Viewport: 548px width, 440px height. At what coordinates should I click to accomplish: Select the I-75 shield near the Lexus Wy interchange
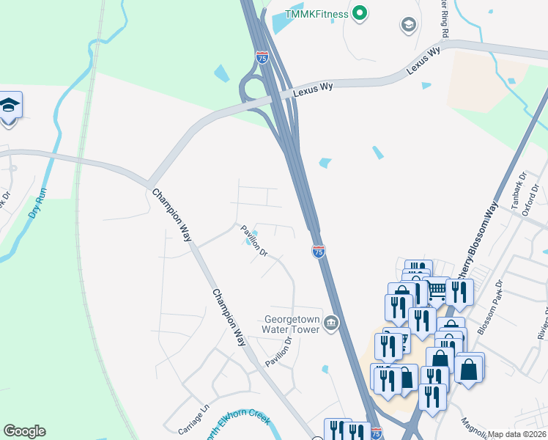263,56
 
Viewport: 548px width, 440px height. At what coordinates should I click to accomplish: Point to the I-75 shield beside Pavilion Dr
319,252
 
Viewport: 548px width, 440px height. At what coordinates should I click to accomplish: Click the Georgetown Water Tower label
292,323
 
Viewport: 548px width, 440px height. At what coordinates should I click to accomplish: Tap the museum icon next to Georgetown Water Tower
331,323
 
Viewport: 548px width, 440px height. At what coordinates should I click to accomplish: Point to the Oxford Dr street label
540,195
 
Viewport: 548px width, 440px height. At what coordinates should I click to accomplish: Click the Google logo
24,431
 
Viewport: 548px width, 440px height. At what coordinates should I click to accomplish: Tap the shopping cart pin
437,291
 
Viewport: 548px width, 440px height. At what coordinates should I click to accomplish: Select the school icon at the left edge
10,105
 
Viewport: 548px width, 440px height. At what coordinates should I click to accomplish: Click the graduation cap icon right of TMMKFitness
408,26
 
